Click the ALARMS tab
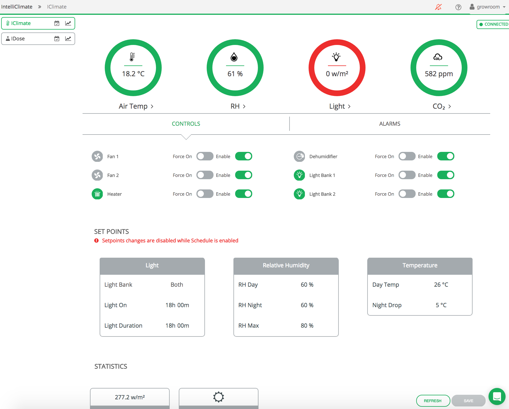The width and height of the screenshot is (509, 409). pyautogui.click(x=389, y=124)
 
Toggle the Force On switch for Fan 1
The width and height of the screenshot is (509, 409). pyautogui.click(x=205, y=156)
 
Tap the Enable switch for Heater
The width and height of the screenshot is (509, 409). pyautogui.click(x=244, y=194)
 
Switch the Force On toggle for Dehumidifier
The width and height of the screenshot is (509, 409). pyautogui.click(x=407, y=156)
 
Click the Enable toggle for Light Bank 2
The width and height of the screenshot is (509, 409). pyautogui.click(x=446, y=194)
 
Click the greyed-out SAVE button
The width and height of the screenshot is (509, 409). pyautogui.click(x=468, y=401)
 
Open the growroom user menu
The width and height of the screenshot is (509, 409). pyautogui.click(x=488, y=7)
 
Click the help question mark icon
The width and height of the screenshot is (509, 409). pyautogui.click(x=458, y=7)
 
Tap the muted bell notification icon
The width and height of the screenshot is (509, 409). pyautogui.click(x=438, y=7)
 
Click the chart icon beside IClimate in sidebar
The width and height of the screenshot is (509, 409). pyautogui.click(x=68, y=23)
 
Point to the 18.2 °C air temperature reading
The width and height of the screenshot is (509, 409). pyautogui.click(x=133, y=74)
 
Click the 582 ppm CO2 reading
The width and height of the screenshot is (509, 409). pyautogui.click(x=439, y=74)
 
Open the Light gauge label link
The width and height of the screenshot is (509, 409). pyautogui.click(x=340, y=106)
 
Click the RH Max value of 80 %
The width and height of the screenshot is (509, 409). pyautogui.click(x=307, y=326)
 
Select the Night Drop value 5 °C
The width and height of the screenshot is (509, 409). pyautogui.click(x=441, y=305)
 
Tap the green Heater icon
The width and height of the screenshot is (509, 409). pyautogui.click(x=97, y=194)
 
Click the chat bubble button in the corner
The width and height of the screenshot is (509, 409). pyautogui.click(x=497, y=396)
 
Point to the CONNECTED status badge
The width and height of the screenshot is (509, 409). pyautogui.click(x=493, y=24)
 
